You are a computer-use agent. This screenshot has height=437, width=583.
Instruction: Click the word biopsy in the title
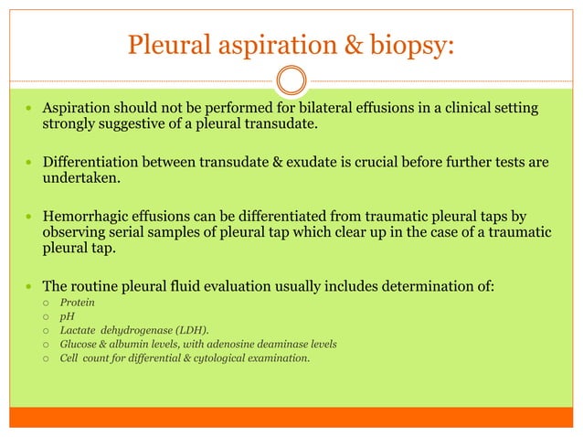pos(408,44)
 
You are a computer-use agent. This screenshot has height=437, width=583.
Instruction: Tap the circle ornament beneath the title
pos(291,80)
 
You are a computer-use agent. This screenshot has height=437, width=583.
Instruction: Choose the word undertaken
pos(80,178)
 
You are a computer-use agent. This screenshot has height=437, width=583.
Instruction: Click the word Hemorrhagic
pos(87,217)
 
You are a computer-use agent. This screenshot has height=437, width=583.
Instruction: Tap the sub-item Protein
pos(76,302)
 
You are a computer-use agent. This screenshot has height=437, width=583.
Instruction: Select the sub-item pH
pos(66,315)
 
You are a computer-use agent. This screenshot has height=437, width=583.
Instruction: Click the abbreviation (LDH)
pos(189,329)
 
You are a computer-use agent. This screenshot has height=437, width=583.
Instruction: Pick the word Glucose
pos(79,344)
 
